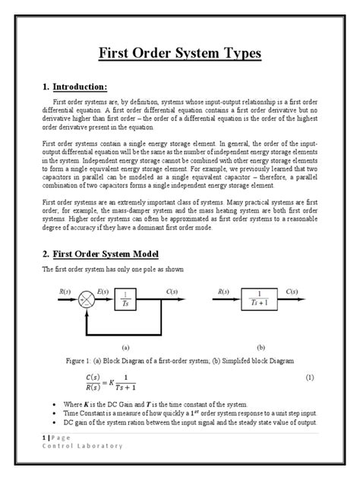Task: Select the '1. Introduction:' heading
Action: [84, 86]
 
